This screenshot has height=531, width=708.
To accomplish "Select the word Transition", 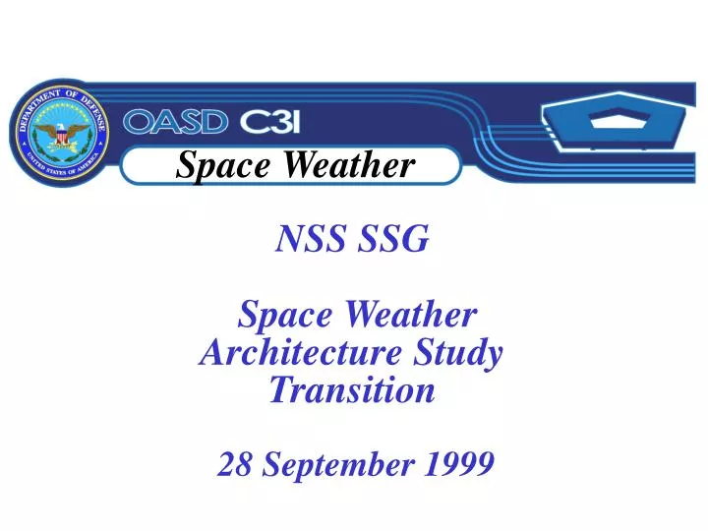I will [x=351, y=390].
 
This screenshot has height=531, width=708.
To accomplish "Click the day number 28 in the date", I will [x=233, y=464].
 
